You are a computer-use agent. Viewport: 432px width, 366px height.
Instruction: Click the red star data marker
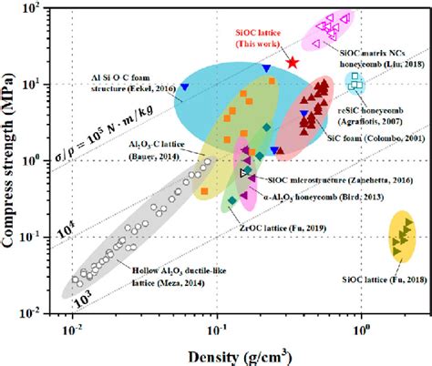293,63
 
